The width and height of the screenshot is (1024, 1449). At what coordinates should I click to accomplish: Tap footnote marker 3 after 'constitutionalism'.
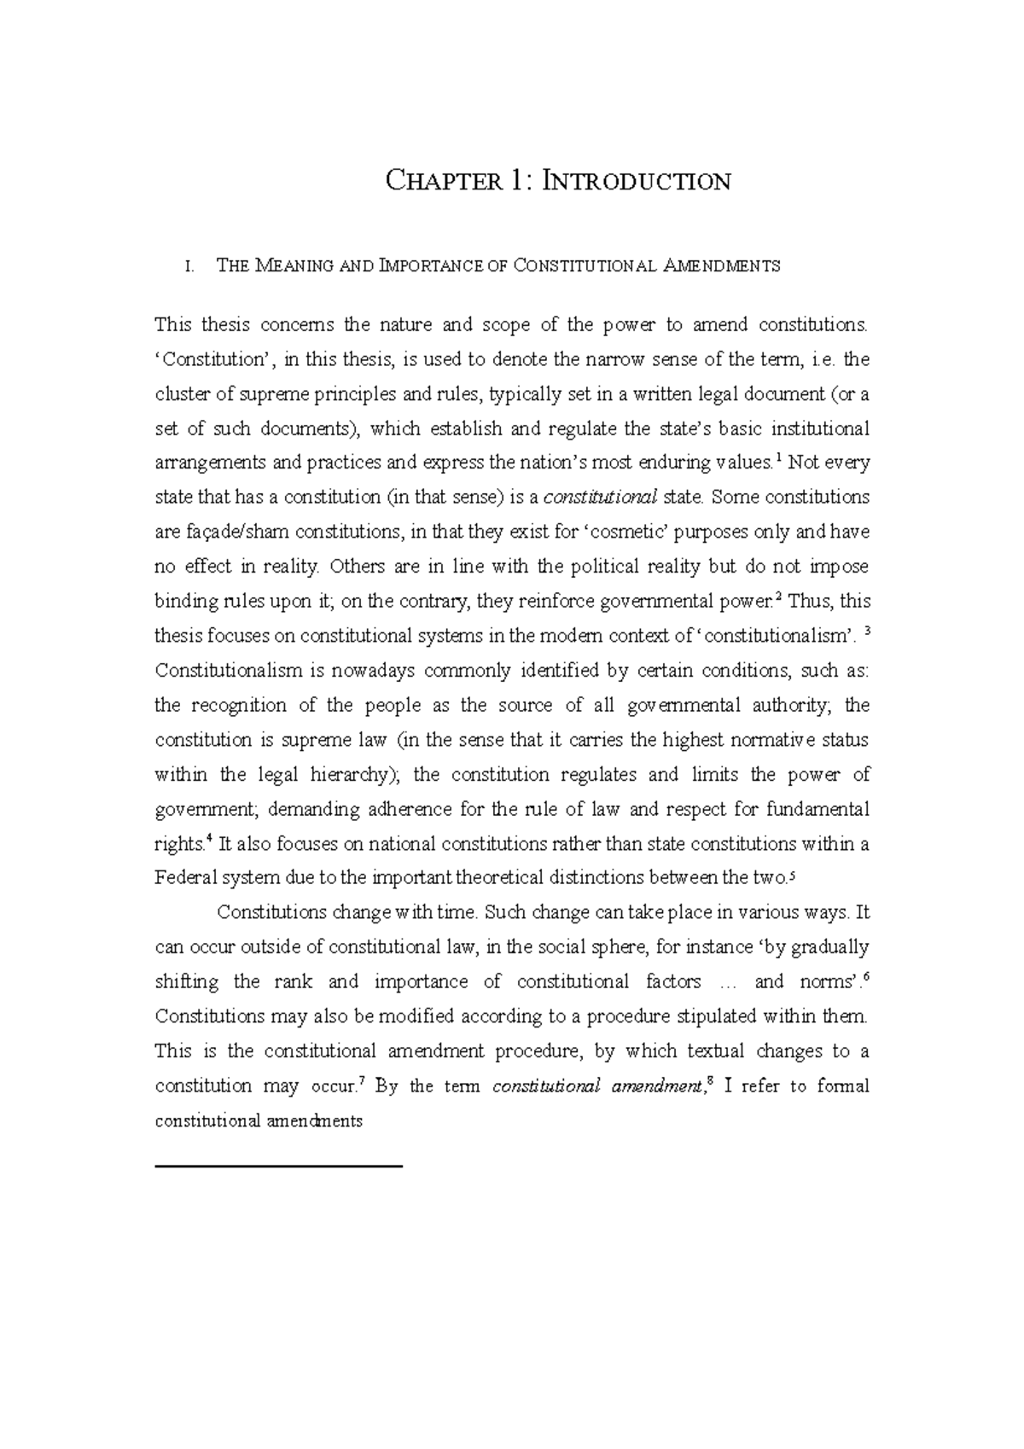click(866, 632)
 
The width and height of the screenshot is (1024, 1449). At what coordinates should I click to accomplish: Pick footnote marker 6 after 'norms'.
click(866, 977)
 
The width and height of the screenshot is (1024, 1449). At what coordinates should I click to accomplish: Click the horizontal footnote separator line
click(278, 1165)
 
